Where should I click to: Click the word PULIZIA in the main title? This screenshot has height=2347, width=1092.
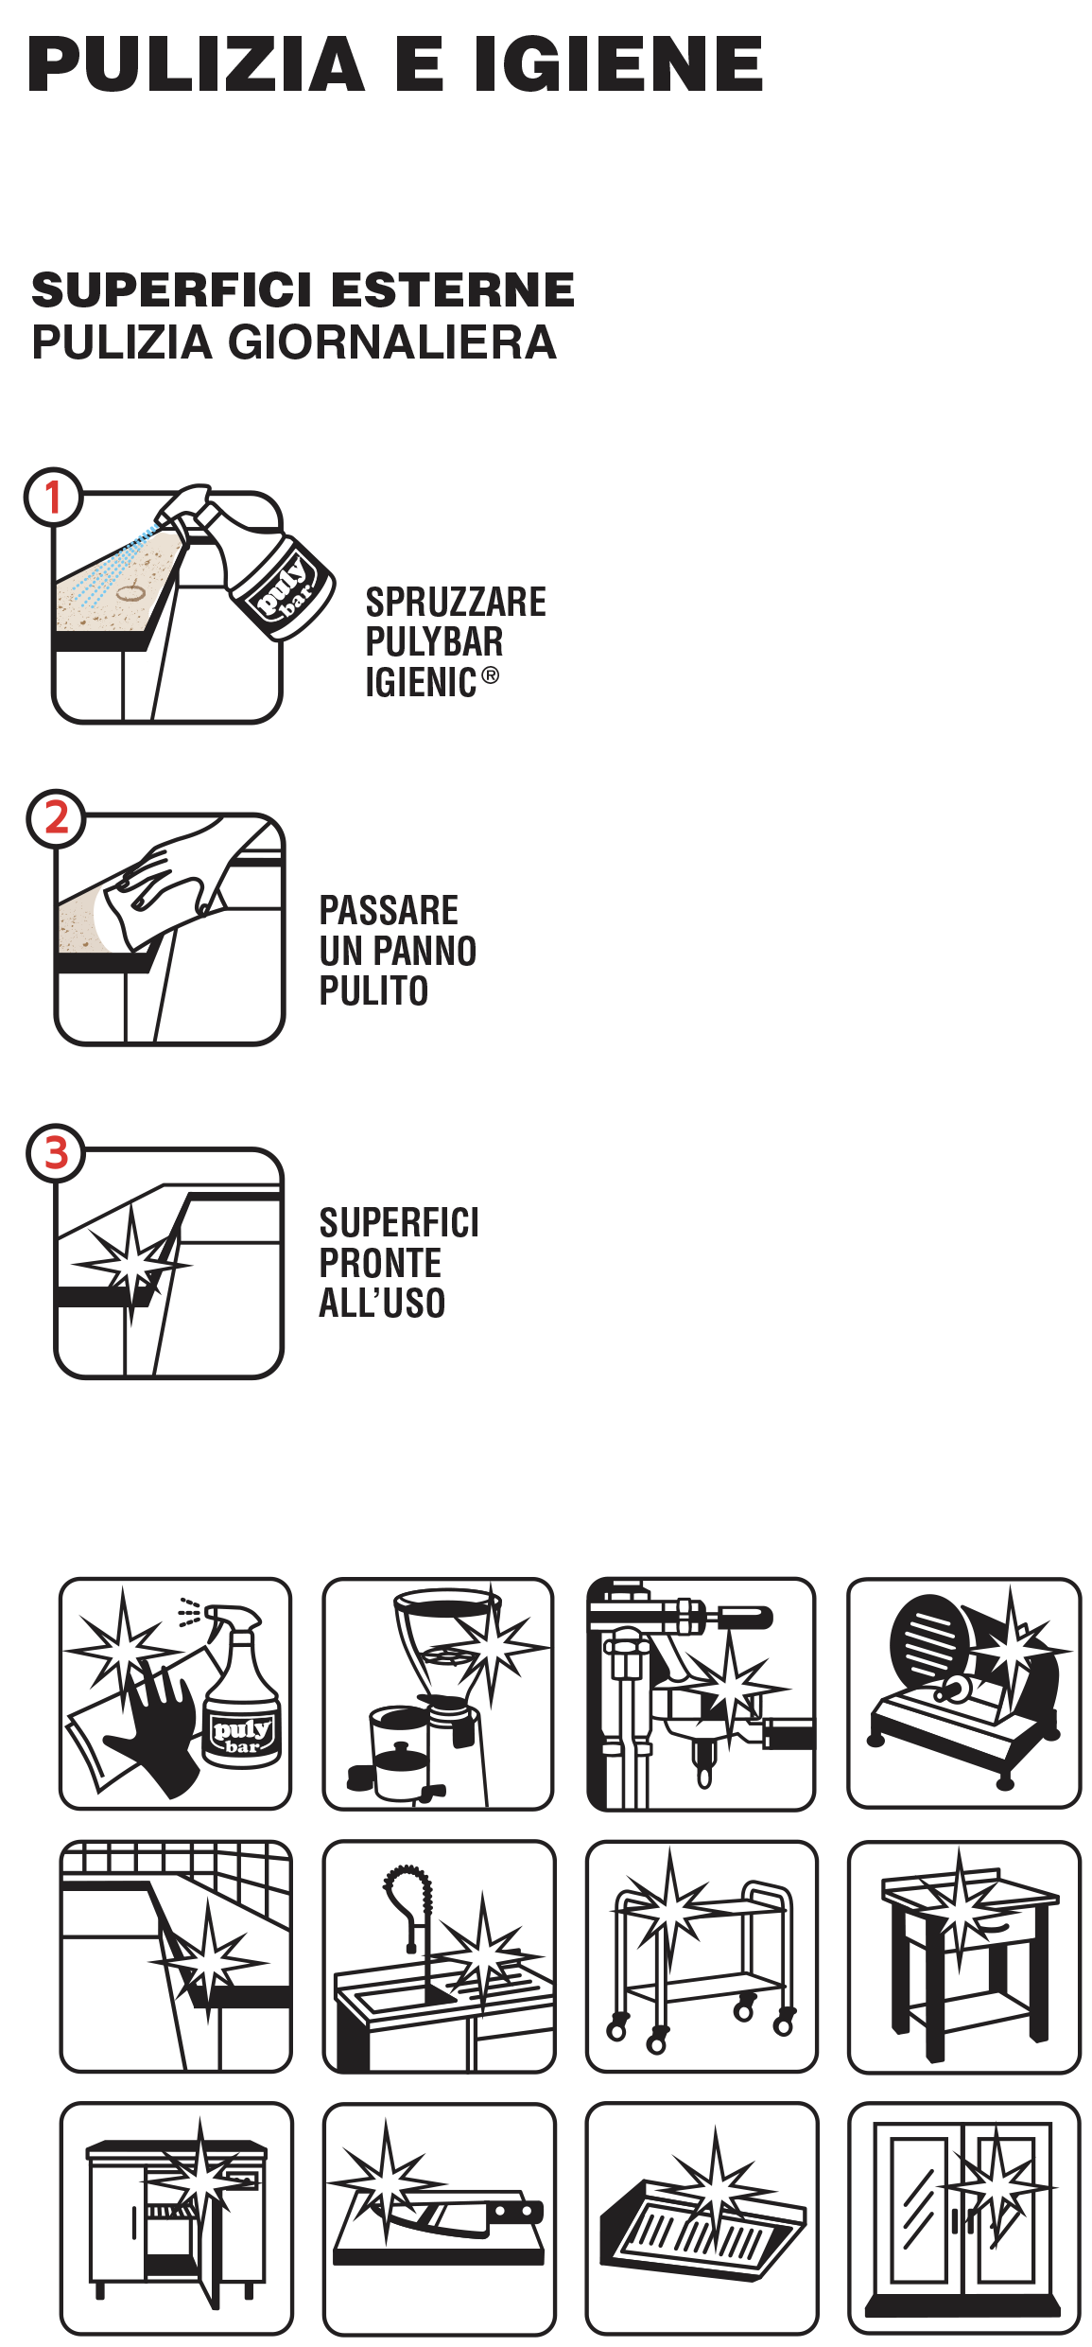197,64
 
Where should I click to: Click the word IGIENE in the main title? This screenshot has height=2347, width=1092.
618,64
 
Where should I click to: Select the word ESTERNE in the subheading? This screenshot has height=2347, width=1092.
453,289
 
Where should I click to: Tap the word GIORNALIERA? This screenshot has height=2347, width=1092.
392,342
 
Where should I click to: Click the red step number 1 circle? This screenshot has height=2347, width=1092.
53,497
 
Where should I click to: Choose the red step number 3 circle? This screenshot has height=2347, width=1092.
56,1153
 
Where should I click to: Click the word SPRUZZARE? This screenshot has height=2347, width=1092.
456,603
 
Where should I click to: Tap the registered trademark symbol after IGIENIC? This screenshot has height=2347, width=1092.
490,675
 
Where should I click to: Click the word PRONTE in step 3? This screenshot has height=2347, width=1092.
380,1263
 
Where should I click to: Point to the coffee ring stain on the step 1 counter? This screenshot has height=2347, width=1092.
130,593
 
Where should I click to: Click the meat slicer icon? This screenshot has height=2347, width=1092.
963,1693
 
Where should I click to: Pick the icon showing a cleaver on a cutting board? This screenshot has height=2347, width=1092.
439,2217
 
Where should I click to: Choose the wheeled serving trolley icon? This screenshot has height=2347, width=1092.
702,1956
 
